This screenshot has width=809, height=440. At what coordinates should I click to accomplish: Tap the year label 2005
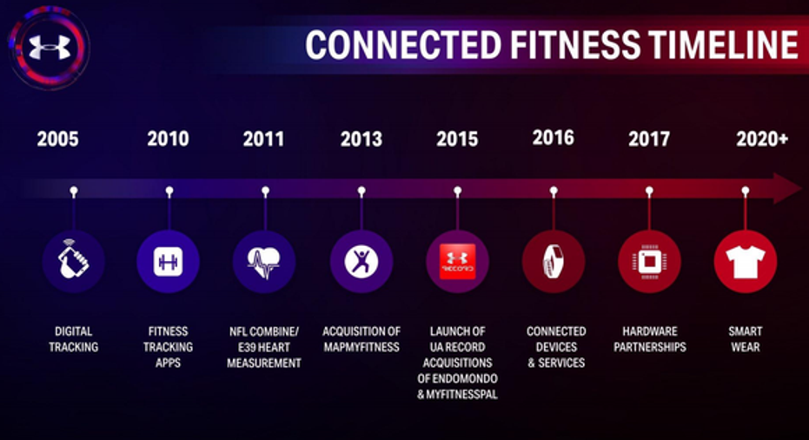click(57, 139)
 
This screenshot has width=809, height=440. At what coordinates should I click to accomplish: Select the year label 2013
click(361, 139)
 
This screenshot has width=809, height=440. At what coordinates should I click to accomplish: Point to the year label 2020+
click(761, 138)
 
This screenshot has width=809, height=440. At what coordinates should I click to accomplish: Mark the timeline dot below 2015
click(457, 190)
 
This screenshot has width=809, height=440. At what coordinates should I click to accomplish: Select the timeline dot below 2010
click(169, 190)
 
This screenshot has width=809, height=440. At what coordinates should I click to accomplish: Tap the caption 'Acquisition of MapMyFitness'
click(361, 339)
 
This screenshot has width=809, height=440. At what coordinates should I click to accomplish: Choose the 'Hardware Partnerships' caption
click(654, 339)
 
